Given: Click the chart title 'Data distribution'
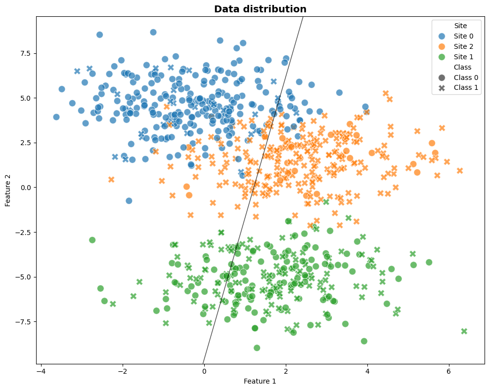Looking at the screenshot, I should pos(260,9).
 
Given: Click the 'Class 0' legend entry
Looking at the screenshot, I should pos(466,78).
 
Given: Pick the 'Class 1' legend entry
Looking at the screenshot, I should pos(466,88).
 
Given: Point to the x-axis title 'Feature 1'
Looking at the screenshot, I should pos(260,381).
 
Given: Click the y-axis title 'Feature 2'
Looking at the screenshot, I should pos(8,190).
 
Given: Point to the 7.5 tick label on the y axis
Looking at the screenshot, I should pos(25,53).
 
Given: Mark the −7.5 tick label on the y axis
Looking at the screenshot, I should pos(23,322).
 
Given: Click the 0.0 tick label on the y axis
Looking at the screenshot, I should pos(25,188).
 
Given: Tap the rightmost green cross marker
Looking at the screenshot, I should pos(464,331).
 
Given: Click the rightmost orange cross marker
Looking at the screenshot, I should pos(460,171).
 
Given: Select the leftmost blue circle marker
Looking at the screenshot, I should pos(56,117).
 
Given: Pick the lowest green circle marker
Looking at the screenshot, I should pos(257,348).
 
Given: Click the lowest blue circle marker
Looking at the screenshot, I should pos(129,201).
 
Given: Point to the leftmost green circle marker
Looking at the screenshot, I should pos(92,240).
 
